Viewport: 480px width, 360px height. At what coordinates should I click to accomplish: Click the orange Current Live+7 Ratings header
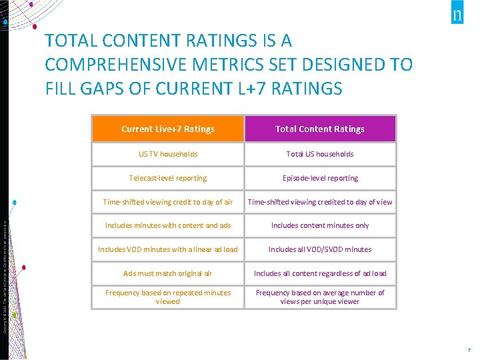[168, 129]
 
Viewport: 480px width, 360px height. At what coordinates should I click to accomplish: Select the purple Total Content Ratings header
[320, 129]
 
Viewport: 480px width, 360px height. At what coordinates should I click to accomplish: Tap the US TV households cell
[168, 154]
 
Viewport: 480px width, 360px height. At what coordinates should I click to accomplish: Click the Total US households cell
[320, 154]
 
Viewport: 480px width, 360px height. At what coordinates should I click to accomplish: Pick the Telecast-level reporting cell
[168, 178]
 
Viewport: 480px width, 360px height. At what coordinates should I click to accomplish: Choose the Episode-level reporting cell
[320, 178]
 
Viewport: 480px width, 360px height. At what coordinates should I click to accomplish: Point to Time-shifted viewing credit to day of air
[168, 202]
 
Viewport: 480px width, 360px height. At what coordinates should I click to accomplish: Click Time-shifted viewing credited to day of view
[320, 202]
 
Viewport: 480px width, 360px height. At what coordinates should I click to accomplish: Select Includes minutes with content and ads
[168, 225]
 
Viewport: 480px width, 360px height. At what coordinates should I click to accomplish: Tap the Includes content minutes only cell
[320, 225]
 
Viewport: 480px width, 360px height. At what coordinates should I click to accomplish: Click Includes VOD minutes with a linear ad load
[168, 249]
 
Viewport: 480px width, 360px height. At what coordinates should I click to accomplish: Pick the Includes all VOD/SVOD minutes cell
[320, 249]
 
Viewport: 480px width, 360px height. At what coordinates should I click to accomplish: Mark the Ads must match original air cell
[168, 273]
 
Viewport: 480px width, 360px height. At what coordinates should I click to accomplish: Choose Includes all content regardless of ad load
[320, 273]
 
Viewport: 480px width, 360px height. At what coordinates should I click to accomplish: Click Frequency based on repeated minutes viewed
[168, 297]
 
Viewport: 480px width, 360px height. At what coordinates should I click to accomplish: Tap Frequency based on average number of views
[320, 297]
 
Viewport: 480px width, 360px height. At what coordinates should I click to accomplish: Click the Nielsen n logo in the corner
[457, 15]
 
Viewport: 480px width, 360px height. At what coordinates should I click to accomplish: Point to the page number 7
[469, 350]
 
